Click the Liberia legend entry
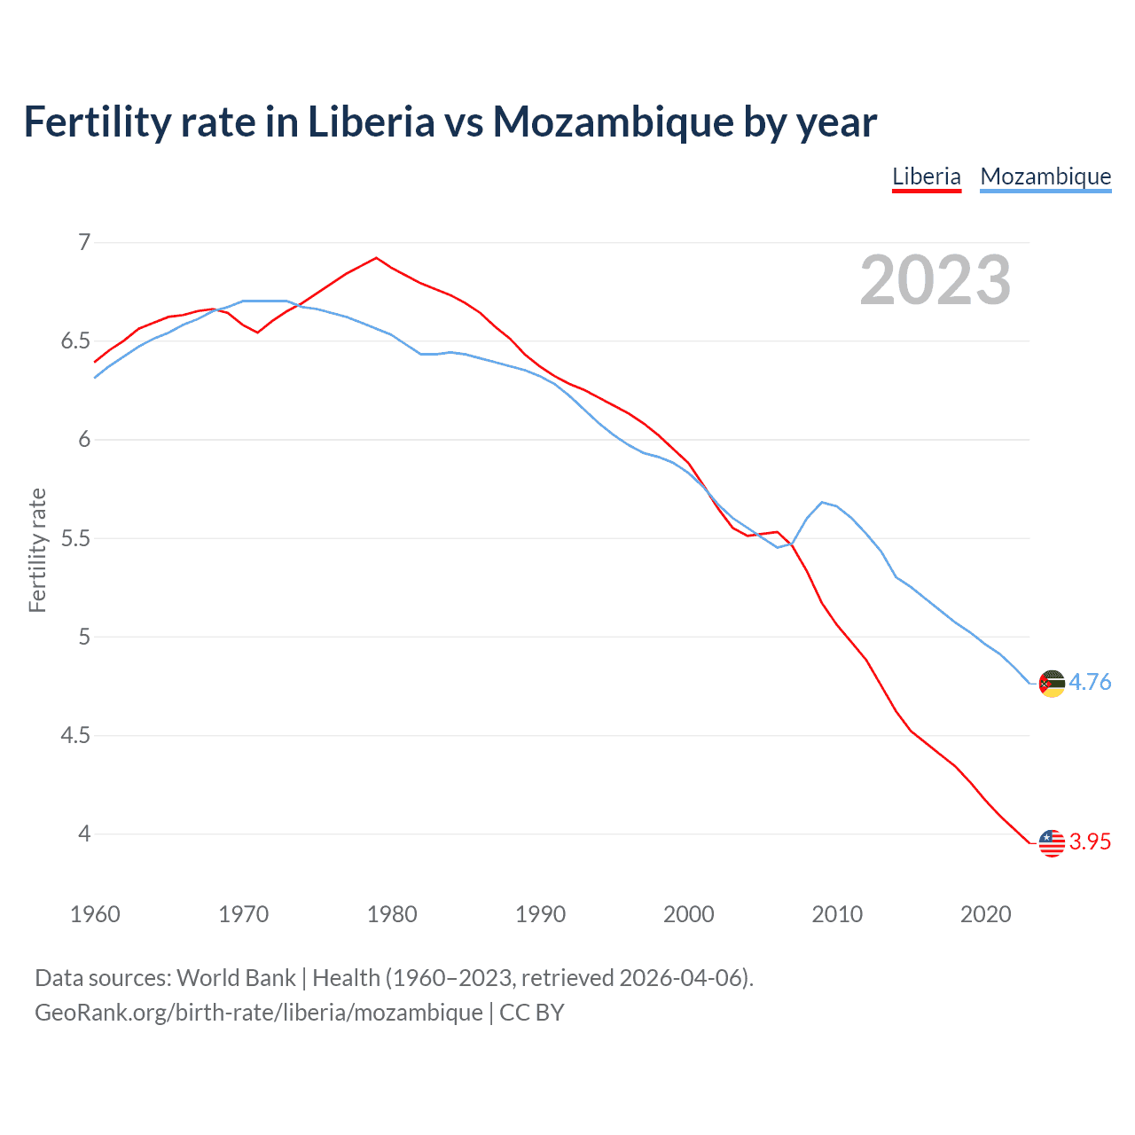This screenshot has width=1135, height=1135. [x=926, y=176]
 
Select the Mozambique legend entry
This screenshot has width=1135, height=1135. [x=1045, y=176]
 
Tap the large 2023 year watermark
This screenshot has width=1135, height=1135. [x=935, y=280]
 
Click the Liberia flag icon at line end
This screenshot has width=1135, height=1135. [x=1052, y=842]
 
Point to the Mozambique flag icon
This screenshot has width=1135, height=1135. [x=1052, y=684]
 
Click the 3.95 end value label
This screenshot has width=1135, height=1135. [x=1090, y=842]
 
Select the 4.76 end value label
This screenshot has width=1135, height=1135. [x=1090, y=683]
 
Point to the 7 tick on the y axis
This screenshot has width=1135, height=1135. [x=84, y=242]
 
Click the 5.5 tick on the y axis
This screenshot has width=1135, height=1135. [x=76, y=538]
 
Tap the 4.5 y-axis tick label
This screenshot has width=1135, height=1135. [x=76, y=736]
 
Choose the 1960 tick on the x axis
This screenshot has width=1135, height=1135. [x=95, y=914]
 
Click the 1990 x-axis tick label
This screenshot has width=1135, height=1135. [x=540, y=914]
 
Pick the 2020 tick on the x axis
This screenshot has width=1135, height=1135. [x=985, y=914]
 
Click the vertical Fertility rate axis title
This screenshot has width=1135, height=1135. [x=37, y=550]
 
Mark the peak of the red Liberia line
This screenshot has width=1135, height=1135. [x=377, y=258]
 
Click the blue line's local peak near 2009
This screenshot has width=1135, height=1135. [x=822, y=502]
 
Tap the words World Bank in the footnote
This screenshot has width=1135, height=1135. [x=236, y=978]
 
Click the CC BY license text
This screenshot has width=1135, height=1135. [x=532, y=1013]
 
